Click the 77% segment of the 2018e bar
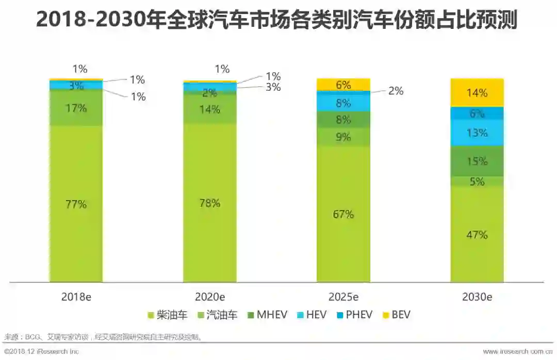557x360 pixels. [76, 204]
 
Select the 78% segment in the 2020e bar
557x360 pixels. [210, 203]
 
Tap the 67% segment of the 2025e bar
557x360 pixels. [343, 214]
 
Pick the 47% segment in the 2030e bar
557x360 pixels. [477, 235]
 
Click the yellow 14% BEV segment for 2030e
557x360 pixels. [477, 93]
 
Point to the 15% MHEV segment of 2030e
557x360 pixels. [477, 161]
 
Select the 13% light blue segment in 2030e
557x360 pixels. [477, 133]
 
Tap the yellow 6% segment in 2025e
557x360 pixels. [343, 85]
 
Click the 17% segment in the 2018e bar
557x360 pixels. [76, 108]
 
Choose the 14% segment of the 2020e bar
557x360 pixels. [210, 109]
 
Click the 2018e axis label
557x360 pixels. [76, 297]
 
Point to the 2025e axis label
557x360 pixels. [343, 297]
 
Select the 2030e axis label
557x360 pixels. [477, 297]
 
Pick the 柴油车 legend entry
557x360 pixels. [168, 315]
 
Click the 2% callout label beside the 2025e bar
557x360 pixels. [396, 91]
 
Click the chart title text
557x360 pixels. [276, 21]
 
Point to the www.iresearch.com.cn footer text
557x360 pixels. [518, 352]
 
